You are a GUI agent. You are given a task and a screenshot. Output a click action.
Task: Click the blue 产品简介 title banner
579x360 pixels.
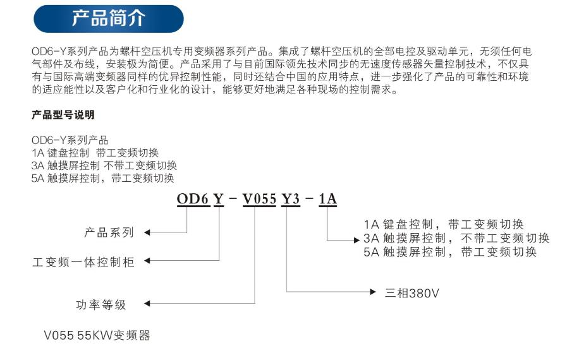pyautogui.click(x=108, y=18)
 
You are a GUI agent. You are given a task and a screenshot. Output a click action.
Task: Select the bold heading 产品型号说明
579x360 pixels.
pyautogui.click(x=63, y=115)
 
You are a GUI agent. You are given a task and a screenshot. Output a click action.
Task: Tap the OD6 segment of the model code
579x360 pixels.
pyautogui.click(x=193, y=199)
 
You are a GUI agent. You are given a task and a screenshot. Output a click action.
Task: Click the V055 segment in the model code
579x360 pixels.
pyautogui.click(x=259, y=199)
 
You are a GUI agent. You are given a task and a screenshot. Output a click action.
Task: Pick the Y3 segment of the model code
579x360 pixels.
pyautogui.click(x=291, y=199)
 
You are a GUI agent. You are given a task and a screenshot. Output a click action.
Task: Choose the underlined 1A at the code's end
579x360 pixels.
pyautogui.click(x=327, y=199)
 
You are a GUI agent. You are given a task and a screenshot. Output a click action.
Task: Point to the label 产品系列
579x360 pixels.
pyautogui.click(x=109, y=232)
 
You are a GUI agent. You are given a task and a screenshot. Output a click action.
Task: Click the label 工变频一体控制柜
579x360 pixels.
pyautogui.click(x=83, y=262)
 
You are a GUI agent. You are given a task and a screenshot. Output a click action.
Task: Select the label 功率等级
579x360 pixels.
pyautogui.click(x=101, y=304)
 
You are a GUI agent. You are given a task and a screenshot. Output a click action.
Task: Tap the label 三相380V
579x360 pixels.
pyautogui.click(x=411, y=293)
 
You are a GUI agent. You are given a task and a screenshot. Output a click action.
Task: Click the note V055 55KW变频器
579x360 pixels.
pyautogui.click(x=97, y=335)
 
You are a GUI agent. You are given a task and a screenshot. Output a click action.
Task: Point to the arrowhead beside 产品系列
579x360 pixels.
pyautogui.click(x=147, y=232)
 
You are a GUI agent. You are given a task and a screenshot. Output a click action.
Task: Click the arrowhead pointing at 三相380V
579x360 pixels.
pyautogui.click(x=373, y=292)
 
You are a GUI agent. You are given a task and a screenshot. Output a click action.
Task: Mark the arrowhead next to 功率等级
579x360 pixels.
pyautogui.click(x=147, y=304)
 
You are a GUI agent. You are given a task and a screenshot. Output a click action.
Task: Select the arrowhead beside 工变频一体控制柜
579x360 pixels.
pyautogui.click(x=147, y=261)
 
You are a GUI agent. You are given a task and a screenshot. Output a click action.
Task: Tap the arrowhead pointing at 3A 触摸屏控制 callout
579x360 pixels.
pyautogui.click(x=357, y=240)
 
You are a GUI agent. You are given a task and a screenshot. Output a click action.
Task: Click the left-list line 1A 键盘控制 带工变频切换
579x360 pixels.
pyautogui.click(x=95, y=153)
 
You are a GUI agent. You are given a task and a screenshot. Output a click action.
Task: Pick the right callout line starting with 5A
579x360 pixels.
pyautogui.click(x=450, y=252)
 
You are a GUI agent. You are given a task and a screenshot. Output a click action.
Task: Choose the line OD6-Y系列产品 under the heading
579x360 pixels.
pyautogui.click(x=70, y=140)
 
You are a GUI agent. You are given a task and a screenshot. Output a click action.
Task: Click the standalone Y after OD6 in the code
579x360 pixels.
pyautogui.click(x=219, y=199)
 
